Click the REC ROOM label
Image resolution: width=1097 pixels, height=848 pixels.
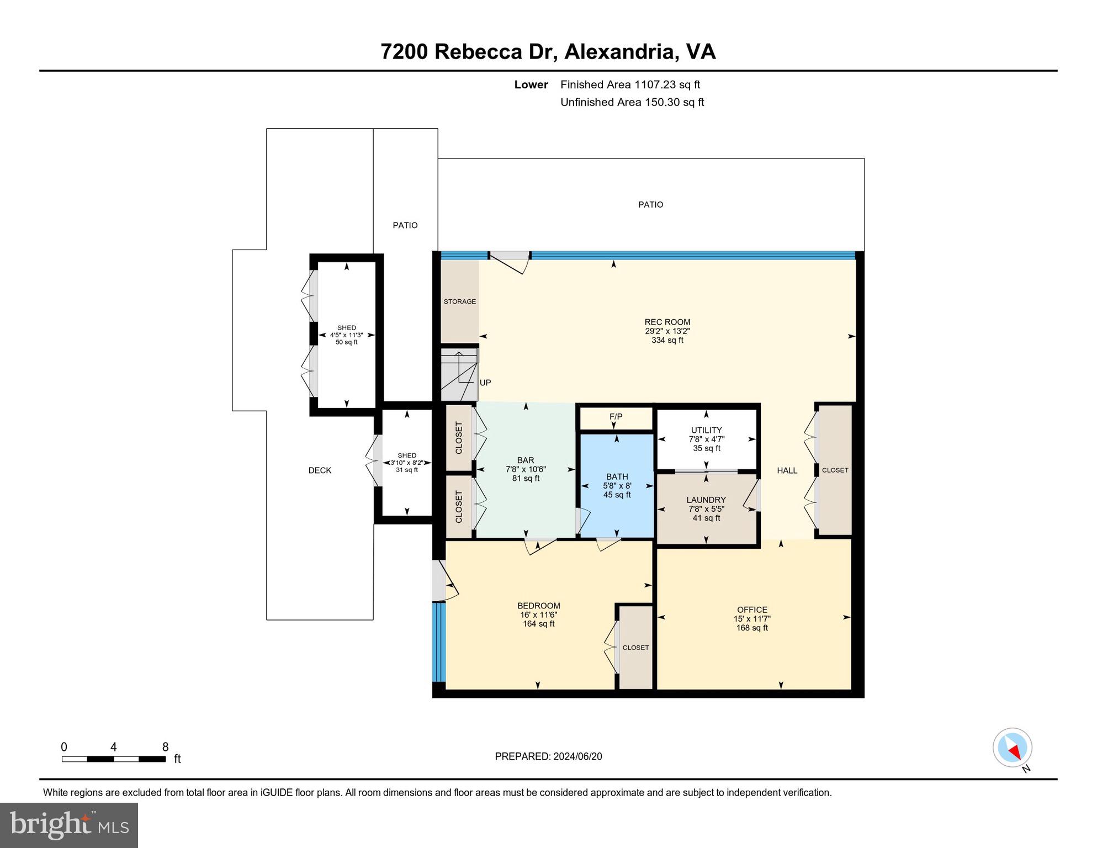coord(667,322)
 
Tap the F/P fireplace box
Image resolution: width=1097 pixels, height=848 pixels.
coord(616,417)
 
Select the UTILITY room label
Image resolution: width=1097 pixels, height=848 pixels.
coord(706,430)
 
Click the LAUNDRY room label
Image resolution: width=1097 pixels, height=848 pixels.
coord(706,500)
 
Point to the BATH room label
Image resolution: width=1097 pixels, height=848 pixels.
coord(617,476)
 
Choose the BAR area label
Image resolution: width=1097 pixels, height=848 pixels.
coord(525,460)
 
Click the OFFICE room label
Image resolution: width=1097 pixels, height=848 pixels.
coord(752,610)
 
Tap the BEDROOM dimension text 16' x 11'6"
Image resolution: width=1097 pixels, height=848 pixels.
coord(538,615)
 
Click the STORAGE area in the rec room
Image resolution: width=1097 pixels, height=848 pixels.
coord(459,301)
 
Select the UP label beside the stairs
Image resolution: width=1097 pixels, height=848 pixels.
coord(485,383)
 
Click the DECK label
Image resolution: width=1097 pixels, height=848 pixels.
coord(320,470)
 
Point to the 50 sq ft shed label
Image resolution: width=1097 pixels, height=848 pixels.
coord(346,342)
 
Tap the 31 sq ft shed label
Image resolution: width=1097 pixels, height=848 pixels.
coord(407,470)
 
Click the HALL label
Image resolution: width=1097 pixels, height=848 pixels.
coord(787,470)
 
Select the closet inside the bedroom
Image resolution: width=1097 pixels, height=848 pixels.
coord(635,648)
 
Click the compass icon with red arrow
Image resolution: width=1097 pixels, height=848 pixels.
coord(1013,749)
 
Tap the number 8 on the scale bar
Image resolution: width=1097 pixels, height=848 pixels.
coord(165,747)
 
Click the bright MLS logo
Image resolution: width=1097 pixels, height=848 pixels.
coord(69,825)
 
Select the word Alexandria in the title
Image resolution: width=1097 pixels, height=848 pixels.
coord(621,52)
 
